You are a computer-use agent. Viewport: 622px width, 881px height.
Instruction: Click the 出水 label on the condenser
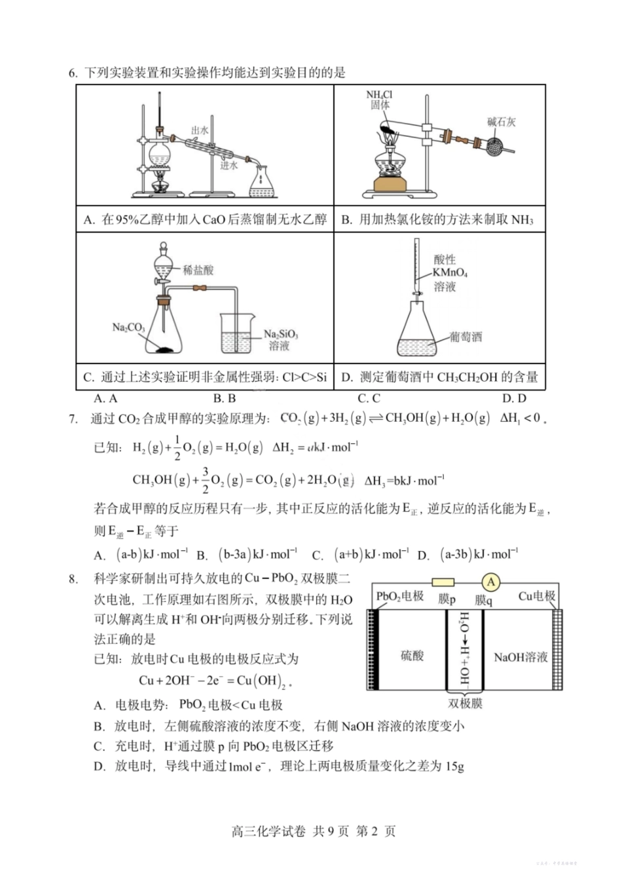(x=200, y=130)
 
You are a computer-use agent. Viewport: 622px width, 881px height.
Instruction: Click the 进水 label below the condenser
(x=229, y=166)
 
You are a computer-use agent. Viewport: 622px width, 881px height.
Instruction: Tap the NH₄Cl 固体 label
(x=380, y=100)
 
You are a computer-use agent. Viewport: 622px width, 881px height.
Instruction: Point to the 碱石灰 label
(x=502, y=122)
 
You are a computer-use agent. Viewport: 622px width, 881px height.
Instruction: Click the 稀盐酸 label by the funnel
(x=198, y=270)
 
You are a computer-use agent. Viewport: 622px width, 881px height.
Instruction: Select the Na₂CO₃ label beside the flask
(x=128, y=327)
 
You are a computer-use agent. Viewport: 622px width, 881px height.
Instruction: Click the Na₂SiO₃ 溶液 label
(x=280, y=339)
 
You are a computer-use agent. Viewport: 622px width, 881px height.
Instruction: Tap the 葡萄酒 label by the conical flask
(x=466, y=337)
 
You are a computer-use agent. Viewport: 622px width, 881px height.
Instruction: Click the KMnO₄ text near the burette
(x=450, y=272)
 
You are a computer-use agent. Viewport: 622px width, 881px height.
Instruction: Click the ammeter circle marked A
(x=490, y=582)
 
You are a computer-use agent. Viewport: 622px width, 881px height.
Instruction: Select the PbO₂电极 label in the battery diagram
(x=399, y=597)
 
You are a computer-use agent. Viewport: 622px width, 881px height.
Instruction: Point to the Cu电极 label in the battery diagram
(x=536, y=596)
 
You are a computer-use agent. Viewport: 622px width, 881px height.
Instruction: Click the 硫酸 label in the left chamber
(x=412, y=656)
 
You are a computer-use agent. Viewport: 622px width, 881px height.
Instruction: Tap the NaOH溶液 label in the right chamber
(x=521, y=657)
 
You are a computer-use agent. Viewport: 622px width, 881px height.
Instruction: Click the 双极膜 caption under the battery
(x=466, y=703)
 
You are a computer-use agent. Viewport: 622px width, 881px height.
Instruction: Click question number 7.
(x=73, y=419)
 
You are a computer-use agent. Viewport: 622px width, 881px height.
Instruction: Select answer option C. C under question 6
(x=369, y=398)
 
